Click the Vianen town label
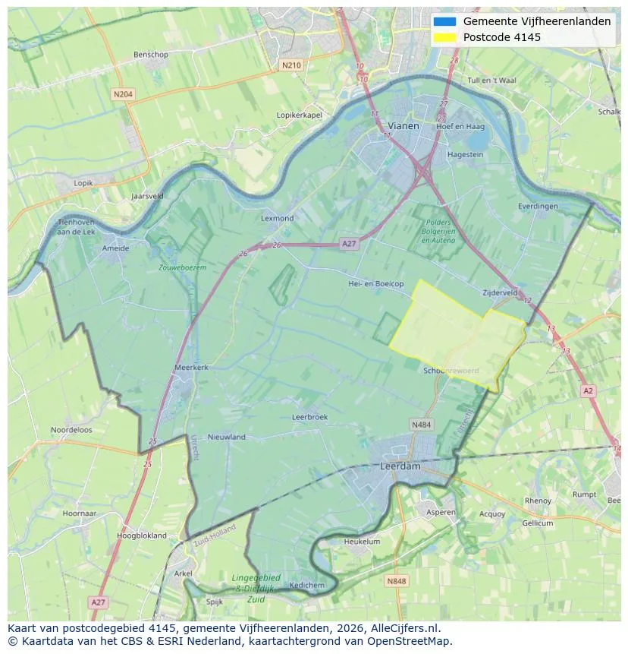click(x=403, y=125)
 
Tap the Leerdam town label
click(x=400, y=466)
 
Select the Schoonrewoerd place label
click(x=451, y=370)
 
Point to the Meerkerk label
click(x=191, y=367)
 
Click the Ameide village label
click(x=115, y=248)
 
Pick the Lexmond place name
click(x=277, y=218)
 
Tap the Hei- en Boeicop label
click(x=375, y=283)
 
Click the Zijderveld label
click(x=500, y=292)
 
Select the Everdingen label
click(x=538, y=206)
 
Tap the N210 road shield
click(x=290, y=65)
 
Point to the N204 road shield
click(x=122, y=94)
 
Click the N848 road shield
click(x=396, y=581)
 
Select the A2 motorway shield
click(x=588, y=390)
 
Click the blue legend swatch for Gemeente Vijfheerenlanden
click(x=445, y=21)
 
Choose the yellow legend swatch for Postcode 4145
click(x=445, y=37)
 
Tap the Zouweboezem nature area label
click(x=182, y=267)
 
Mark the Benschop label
click(x=150, y=55)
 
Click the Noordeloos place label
click(x=71, y=429)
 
